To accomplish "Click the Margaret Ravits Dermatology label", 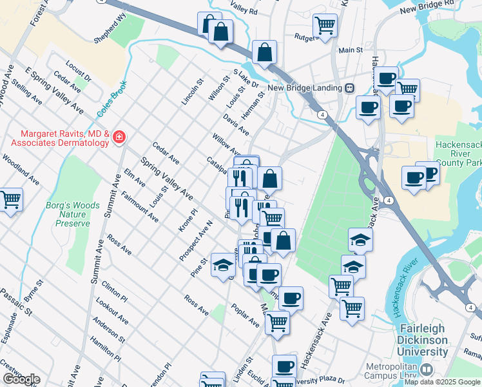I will (x=57, y=137).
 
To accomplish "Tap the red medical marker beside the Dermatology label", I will (x=118, y=137).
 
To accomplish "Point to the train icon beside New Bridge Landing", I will (x=350, y=88).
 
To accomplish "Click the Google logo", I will (x=21, y=379).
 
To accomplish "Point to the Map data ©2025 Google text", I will (x=442, y=382).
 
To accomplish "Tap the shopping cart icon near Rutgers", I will (x=325, y=25).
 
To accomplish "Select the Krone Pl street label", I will (x=189, y=221).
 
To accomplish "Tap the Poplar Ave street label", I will (x=245, y=315).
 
